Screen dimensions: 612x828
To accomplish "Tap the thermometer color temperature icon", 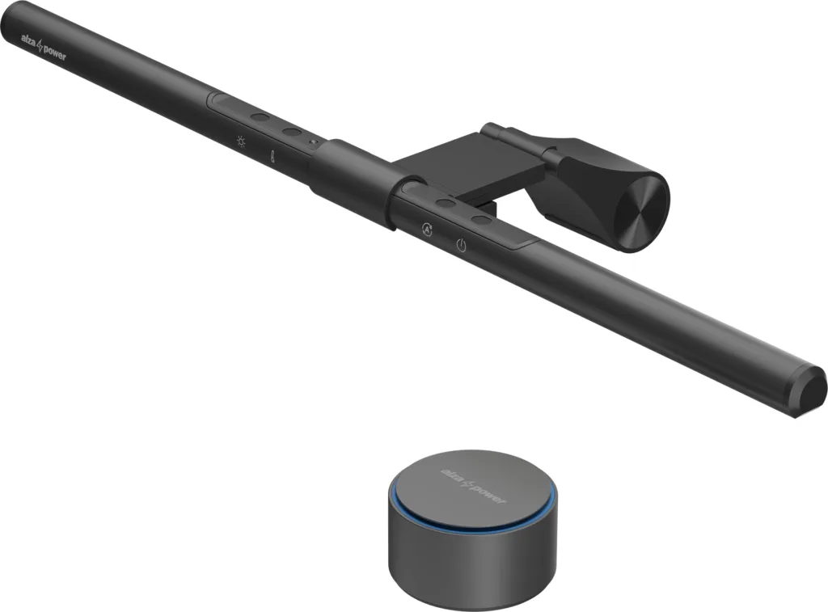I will point(274,153).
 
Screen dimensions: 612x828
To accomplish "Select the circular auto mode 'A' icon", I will point(426,229).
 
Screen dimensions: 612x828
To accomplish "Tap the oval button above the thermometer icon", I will point(292,131).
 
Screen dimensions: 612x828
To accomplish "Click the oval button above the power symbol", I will point(482,220).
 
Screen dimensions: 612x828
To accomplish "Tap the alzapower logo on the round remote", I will point(473,483).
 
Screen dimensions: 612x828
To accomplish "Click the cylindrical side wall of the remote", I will point(453,566).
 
